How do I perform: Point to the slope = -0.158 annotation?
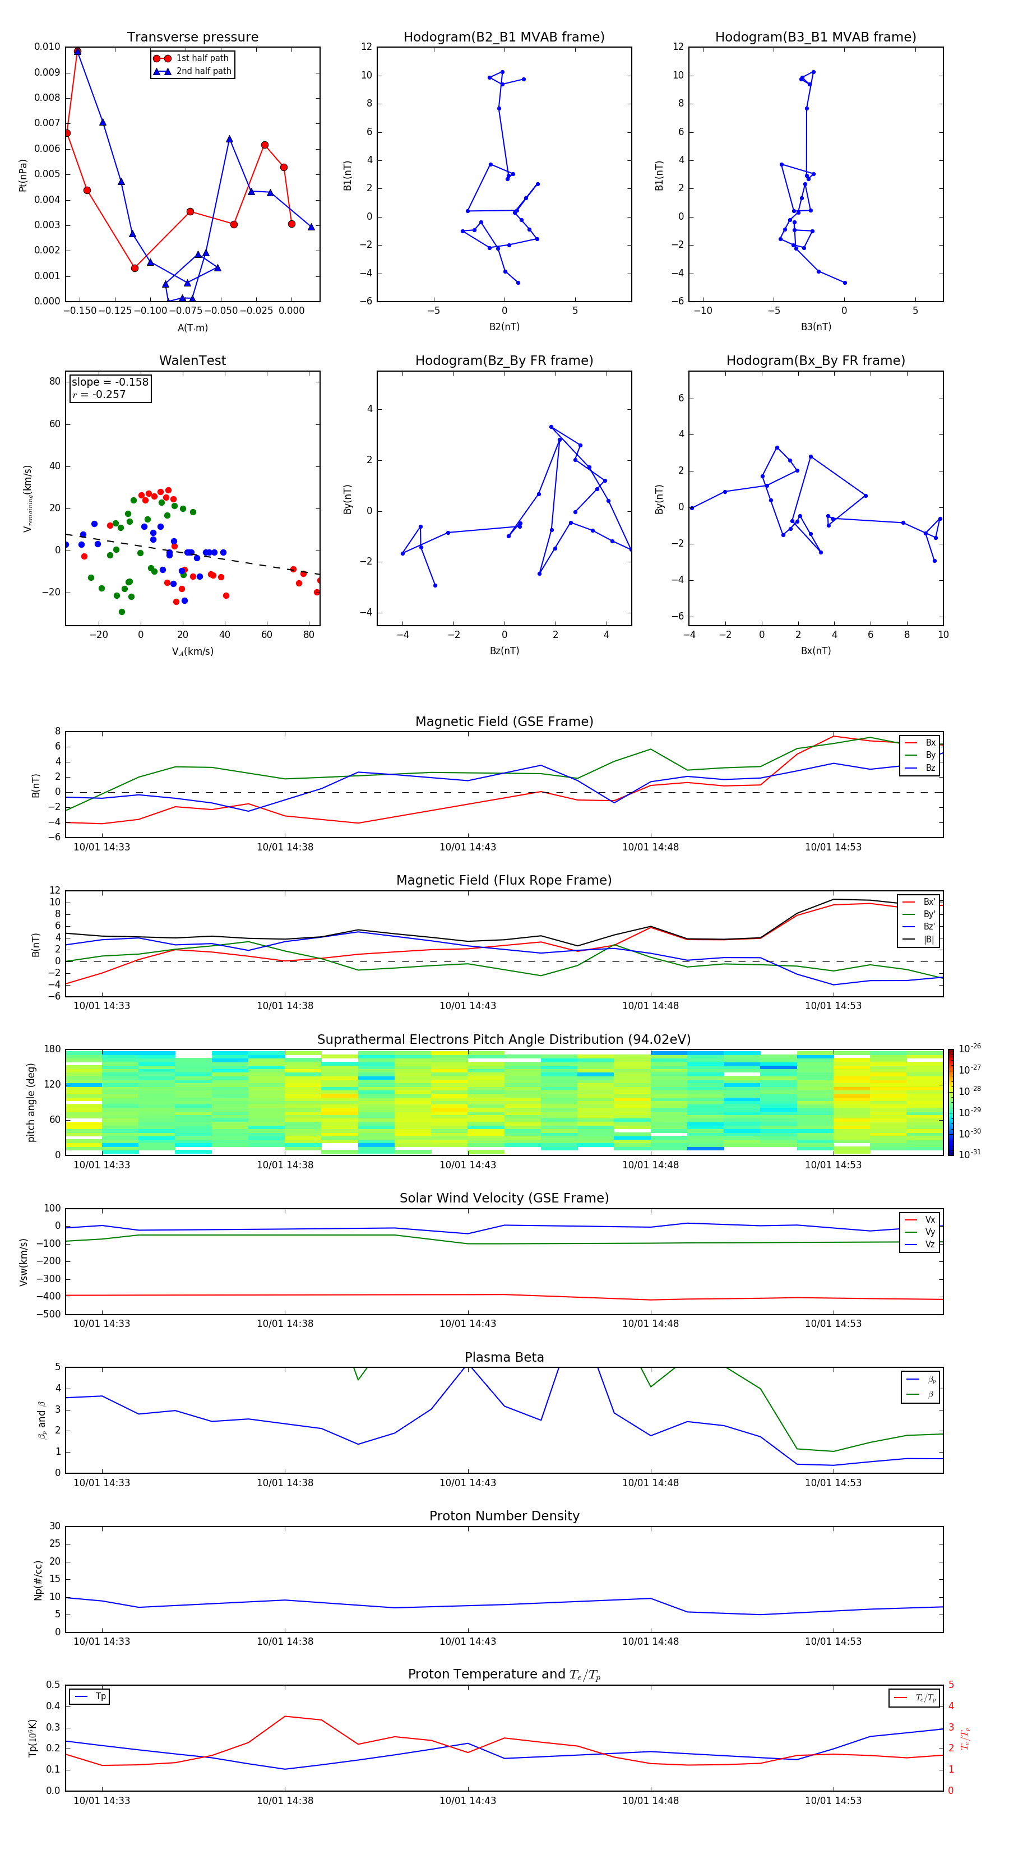[110, 382]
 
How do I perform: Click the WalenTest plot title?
[192, 360]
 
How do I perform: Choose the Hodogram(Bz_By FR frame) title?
[504, 360]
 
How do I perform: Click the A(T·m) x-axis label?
[192, 327]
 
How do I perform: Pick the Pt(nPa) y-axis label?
[23, 174]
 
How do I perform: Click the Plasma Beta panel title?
[504, 1357]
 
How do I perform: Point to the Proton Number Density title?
[504, 1516]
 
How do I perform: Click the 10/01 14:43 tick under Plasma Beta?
[468, 1482]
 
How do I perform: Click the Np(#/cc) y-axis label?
[38, 1580]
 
